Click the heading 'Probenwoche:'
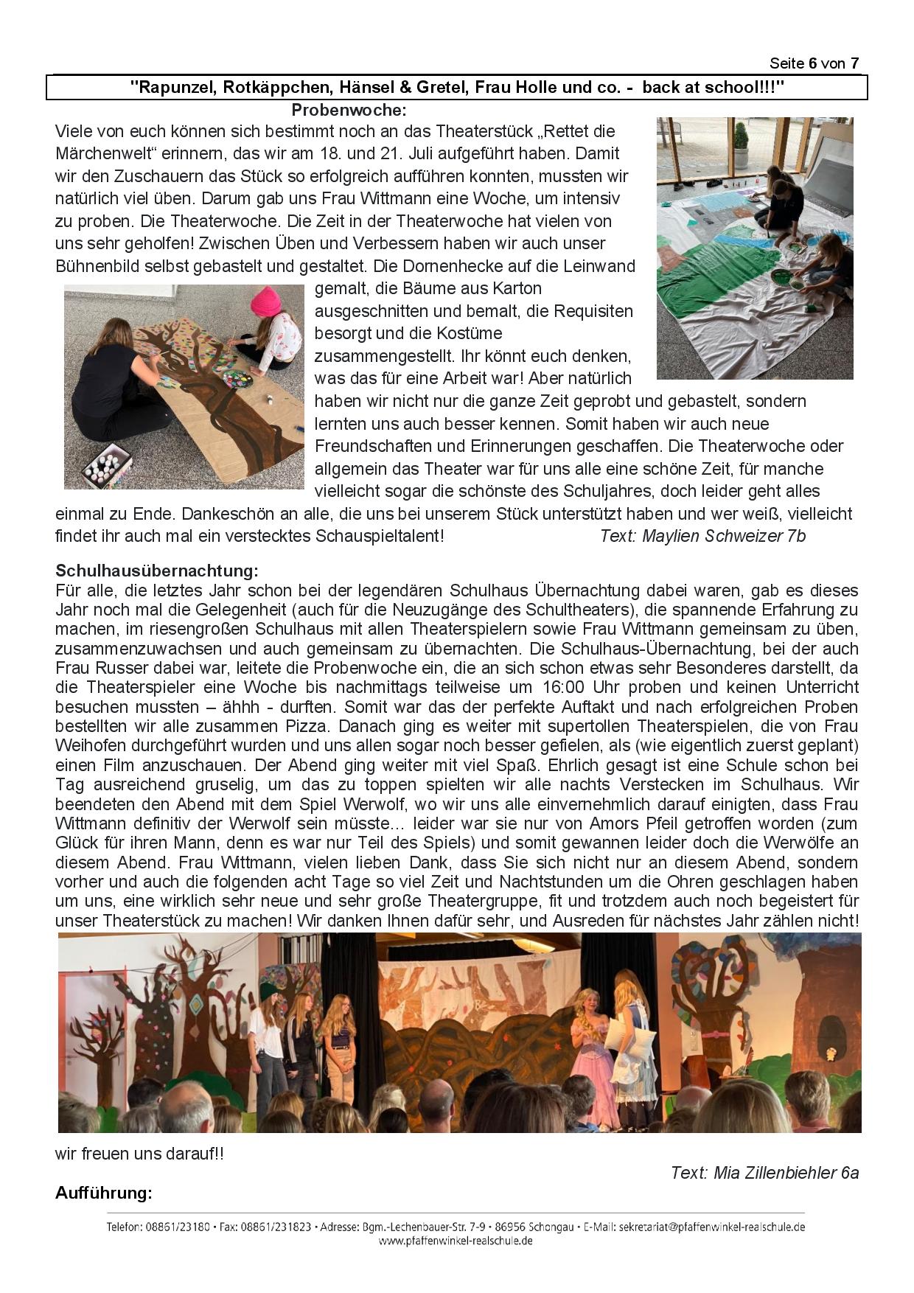(x=349, y=111)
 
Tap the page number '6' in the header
(x=812, y=63)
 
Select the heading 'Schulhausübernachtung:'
(x=157, y=571)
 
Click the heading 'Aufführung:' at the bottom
(x=103, y=1193)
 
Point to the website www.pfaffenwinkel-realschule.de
(x=456, y=1241)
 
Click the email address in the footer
(x=712, y=1227)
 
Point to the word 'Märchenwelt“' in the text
(x=98, y=153)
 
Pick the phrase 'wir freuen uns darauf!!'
(x=139, y=1154)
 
